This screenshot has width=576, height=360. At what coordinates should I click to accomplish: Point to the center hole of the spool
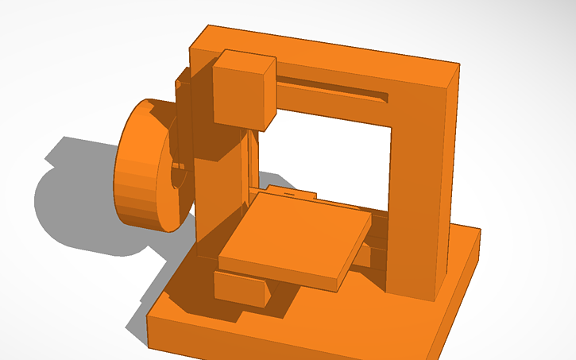[177, 174]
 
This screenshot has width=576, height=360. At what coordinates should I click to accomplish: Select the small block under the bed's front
[240, 288]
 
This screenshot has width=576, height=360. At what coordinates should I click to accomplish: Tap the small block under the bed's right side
[363, 256]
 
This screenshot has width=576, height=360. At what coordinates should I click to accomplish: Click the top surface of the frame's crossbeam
[334, 49]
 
